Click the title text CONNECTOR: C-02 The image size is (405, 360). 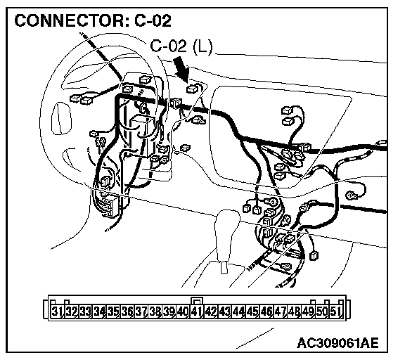point(93,21)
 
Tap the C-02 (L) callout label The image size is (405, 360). point(181,46)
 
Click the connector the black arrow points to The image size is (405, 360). point(193,89)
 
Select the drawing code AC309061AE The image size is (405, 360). point(337,343)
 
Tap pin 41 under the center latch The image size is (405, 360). point(197,311)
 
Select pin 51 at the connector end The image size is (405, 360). point(336,311)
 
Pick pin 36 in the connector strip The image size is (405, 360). point(127,311)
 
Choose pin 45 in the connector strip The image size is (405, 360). point(252,311)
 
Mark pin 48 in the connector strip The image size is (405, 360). point(294,311)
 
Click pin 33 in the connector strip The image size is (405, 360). point(85,311)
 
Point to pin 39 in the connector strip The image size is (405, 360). point(169,311)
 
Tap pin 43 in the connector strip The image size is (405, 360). point(224,311)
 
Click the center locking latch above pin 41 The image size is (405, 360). point(197,301)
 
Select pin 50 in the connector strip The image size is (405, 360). point(322,311)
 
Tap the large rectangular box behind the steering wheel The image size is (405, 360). point(141,136)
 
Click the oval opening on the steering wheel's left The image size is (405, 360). point(61,118)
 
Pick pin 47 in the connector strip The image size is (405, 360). point(281,311)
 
